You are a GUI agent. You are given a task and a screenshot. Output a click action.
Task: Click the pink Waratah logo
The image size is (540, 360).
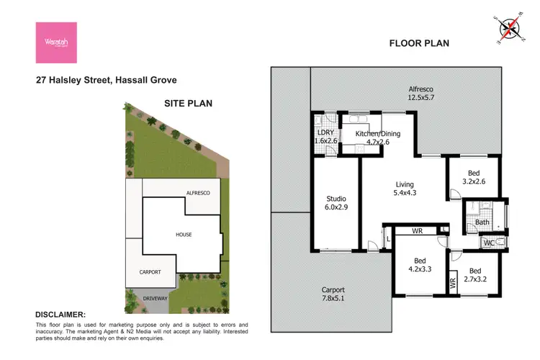[56, 42]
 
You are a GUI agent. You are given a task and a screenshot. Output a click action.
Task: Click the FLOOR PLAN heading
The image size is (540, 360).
[419, 43]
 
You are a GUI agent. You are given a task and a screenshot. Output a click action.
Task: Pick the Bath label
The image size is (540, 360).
[482, 222]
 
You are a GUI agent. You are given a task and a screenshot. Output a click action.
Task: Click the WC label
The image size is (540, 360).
[489, 243]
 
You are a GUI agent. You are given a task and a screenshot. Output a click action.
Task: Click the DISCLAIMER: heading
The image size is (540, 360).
[60, 315]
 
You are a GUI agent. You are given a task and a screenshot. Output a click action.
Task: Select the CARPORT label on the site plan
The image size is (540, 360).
[150, 271]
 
